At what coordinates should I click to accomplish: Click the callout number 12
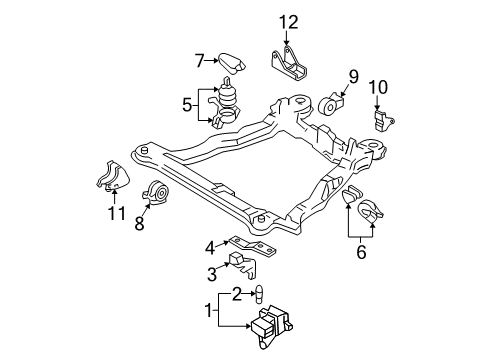[x=289, y=23]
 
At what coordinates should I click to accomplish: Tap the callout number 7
[x=200, y=61]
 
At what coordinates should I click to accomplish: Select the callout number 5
[x=187, y=105]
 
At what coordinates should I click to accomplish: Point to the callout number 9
[x=353, y=76]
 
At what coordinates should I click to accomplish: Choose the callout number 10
[x=378, y=87]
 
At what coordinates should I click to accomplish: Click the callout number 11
[x=117, y=213]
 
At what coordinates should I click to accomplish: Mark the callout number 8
[x=139, y=223]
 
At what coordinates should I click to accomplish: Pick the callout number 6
[x=361, y=252]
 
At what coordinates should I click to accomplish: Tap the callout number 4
[x=210, y=248]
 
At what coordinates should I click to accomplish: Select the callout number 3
[x=212, y=275]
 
